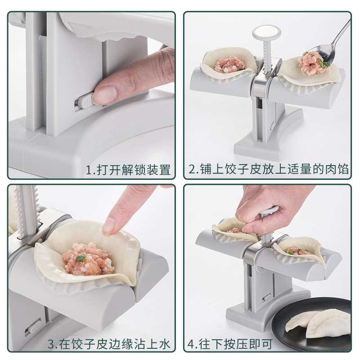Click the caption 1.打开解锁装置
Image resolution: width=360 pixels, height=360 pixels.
128,170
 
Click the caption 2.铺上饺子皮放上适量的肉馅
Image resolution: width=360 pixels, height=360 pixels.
269,170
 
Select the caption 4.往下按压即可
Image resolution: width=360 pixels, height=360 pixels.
230,344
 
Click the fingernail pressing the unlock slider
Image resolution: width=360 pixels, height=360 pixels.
105,95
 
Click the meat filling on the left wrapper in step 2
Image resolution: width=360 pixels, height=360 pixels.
229,65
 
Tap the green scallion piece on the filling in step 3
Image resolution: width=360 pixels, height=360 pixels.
81,258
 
